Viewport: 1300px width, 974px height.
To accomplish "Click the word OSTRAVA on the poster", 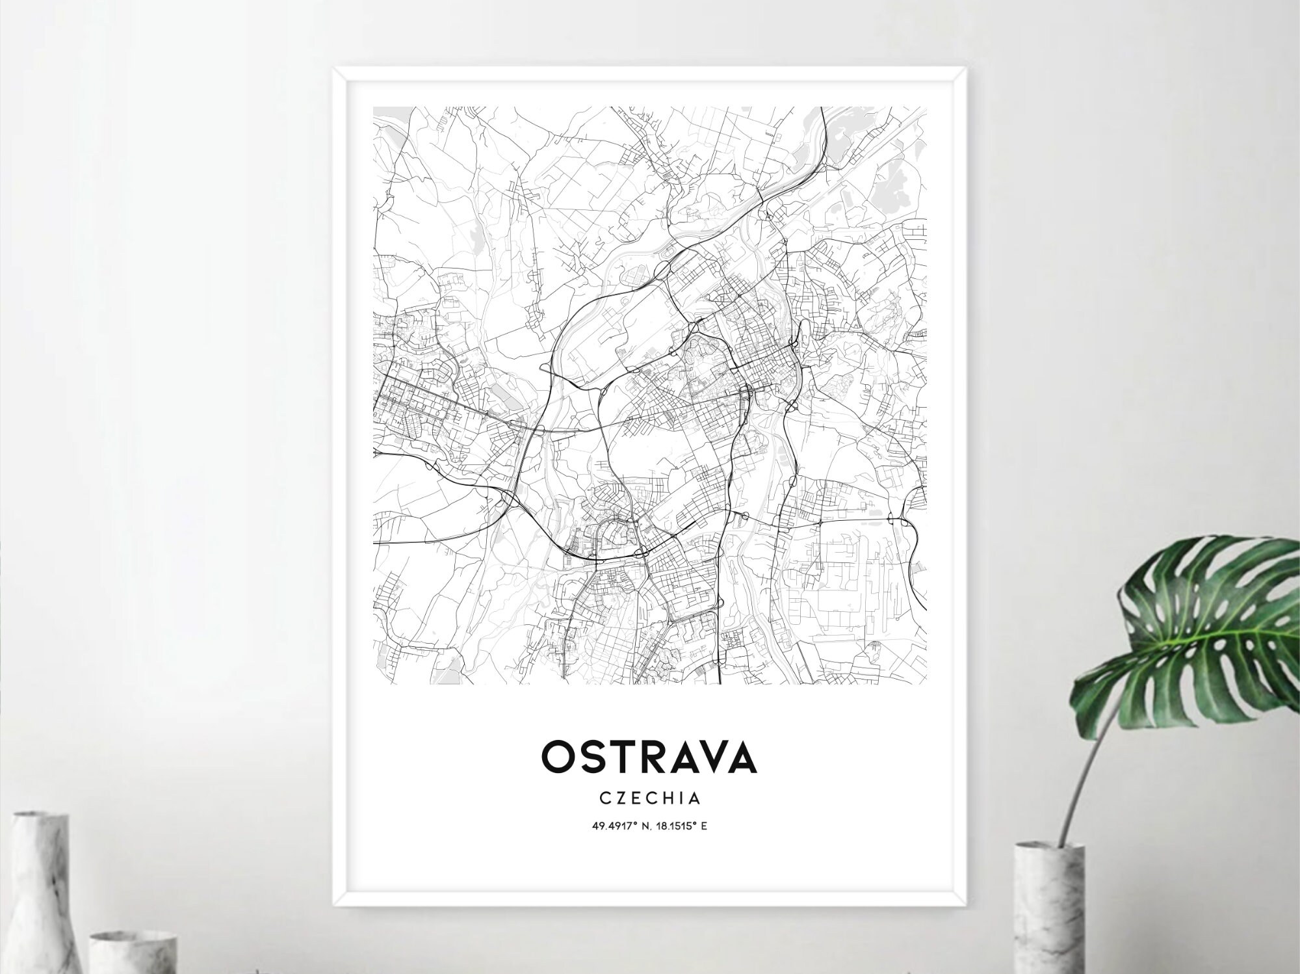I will pos(649,757).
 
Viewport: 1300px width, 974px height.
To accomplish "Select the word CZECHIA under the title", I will pos(649,797).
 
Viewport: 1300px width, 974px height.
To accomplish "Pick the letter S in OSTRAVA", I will pos(591,757).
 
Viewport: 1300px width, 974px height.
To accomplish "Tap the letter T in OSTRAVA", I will pos(620,757).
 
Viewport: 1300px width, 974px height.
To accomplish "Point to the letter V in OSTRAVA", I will pos(711,757).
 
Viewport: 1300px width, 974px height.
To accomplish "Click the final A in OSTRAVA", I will pos(742,757).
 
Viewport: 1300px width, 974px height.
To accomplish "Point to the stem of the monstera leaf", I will pos(1082,767).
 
